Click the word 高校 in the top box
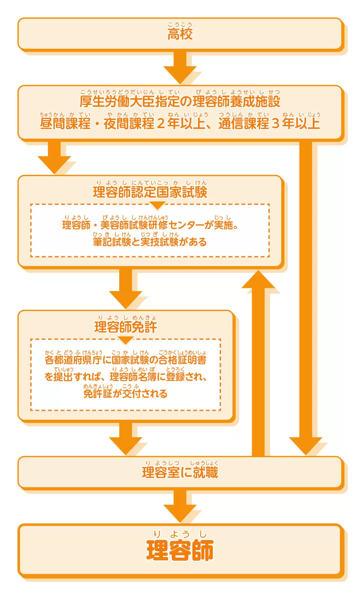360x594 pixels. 180,34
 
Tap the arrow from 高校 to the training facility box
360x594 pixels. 180,67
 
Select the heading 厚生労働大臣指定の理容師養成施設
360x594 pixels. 180,102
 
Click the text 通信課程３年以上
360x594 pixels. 269,124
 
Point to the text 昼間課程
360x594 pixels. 65,124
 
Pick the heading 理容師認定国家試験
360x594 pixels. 150,192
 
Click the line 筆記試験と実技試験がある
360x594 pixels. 150,242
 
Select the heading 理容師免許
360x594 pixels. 126,327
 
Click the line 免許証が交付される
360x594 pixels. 126,394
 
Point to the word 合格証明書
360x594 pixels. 183,360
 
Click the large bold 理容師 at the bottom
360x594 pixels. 180,550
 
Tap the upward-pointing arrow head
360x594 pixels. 258,280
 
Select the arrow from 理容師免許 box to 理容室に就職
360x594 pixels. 126,438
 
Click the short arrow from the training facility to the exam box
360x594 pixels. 54,157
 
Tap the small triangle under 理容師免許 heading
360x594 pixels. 126,340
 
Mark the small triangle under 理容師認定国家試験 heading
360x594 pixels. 157,205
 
